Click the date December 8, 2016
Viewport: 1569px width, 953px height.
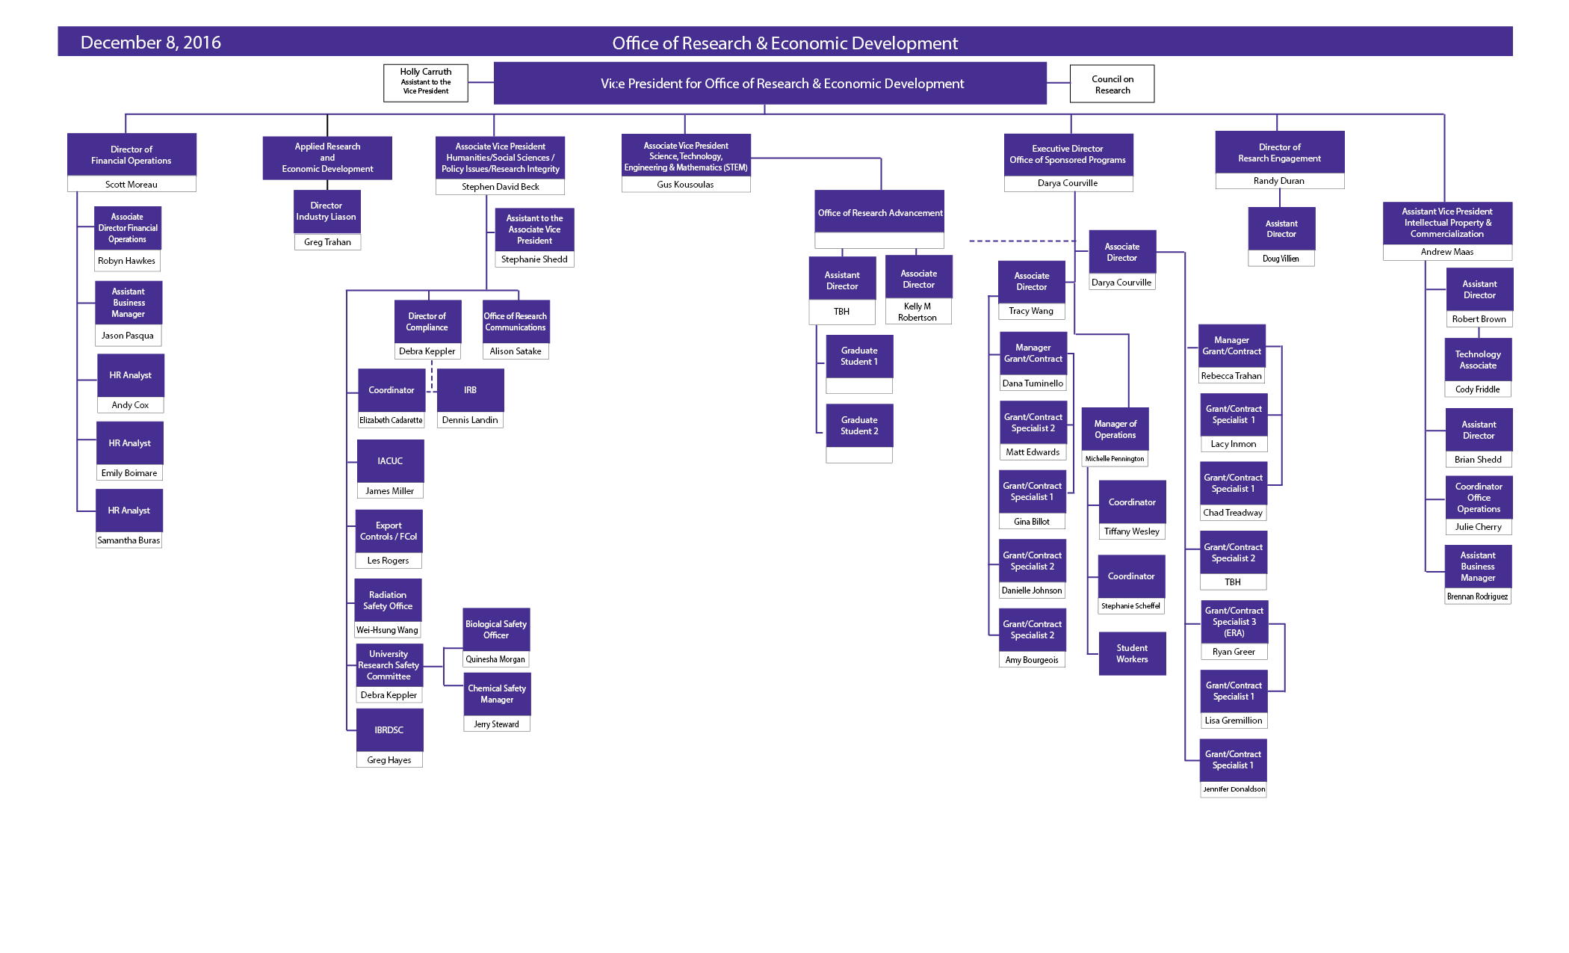click(150, 43)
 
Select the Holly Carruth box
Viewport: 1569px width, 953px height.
click(426, 82)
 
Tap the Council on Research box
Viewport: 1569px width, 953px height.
click(1112, 84)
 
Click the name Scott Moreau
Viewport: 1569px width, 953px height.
click(131, 185)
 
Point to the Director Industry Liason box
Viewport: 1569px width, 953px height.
click(327, 212)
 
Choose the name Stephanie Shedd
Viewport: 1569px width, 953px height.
click(534, 259)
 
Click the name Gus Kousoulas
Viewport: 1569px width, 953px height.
click(685, 185)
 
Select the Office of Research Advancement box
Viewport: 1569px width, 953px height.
click(879, 213)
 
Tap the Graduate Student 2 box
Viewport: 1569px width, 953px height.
click(859, 425)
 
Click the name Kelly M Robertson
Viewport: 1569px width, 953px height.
click(917, 312)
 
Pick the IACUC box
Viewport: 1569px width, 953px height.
click(390, 461)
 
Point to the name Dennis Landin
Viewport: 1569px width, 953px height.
click(470, 420)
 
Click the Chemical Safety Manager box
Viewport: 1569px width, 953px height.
click(497, 694)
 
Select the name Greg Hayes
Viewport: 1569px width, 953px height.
click(389, 760)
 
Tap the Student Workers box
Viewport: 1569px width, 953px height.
click(1132, 653)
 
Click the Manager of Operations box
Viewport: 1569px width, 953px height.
click(1115, 429)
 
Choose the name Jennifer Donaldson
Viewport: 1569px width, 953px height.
click(1234, 789)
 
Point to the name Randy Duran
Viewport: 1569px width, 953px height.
click(1279, 181)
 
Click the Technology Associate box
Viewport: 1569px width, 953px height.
click(1478, 360)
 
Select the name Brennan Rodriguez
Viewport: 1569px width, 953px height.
click(1477, 596)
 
